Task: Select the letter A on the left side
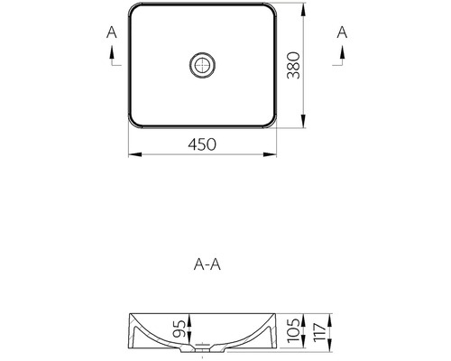point(111,32)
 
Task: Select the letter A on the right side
point(342,32)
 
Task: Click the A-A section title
point(208,264)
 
